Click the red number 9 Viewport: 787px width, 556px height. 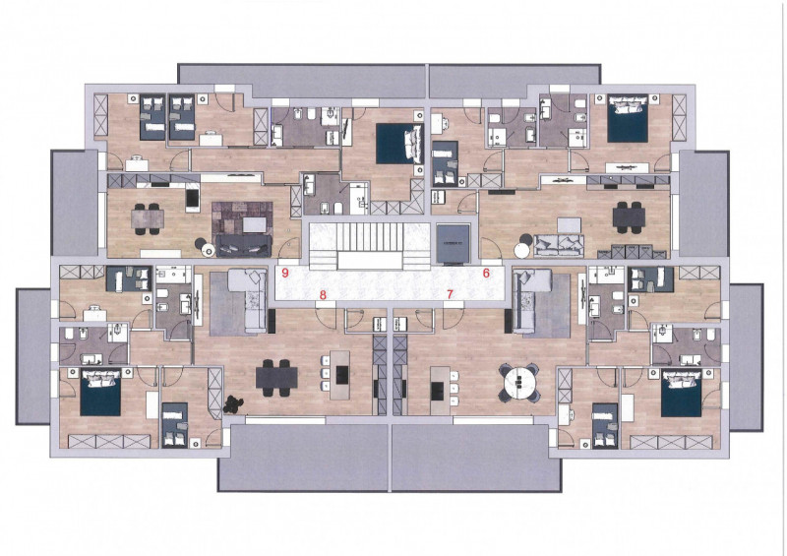[285, 274]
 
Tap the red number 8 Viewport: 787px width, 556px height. [323, 295]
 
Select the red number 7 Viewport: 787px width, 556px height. [450, 294]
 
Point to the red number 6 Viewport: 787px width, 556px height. [486, 274]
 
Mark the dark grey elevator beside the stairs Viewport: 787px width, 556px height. [453, 244]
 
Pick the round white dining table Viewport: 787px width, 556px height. [518, 382]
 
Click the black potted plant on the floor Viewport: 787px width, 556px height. [232, 404]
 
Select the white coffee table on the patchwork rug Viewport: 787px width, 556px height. [256, 224]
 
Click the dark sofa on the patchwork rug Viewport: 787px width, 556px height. [243, 246]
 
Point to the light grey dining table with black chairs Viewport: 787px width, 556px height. [148, 218]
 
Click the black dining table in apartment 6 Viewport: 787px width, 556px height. [629, 217]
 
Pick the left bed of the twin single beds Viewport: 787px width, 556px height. [152, 117]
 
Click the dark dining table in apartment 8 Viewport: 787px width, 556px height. [276, 377]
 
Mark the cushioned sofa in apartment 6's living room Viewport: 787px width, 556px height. [558, 245]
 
